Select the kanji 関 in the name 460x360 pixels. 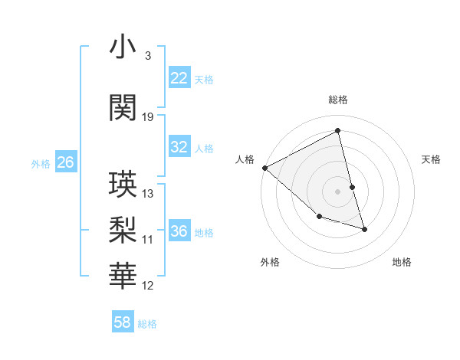pyautogui.click(x=123, y=108)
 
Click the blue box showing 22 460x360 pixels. pyautogui.click(x=179, y=78)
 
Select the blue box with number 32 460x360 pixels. pyautogui.click(x=179, y=147)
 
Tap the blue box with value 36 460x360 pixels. pyautogui.click(x=179, y=231)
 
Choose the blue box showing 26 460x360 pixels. pyautogui.click(x=65, y=162)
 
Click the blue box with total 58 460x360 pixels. pyautogui.click(x=122, y=322)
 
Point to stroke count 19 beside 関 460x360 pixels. pyautogui.click(x=148, y=117)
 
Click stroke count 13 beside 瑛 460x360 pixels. pyautogui.click(x=148, y=194)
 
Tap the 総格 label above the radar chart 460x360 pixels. pyautogui.click(x=337, y=100)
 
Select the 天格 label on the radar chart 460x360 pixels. pyautogui.click(x=432, y=159)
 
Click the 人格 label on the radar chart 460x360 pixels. pyautogui.click(x=245, y=159)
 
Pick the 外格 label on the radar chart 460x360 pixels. pyautogui.click(x=270, y=262)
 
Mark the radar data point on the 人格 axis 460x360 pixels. pyautogui.click(x=264, y=168)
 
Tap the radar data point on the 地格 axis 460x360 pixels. pyautogui.click(x=364, y=229)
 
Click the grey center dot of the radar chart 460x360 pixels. pyautogui.click(x=337, y=191)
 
